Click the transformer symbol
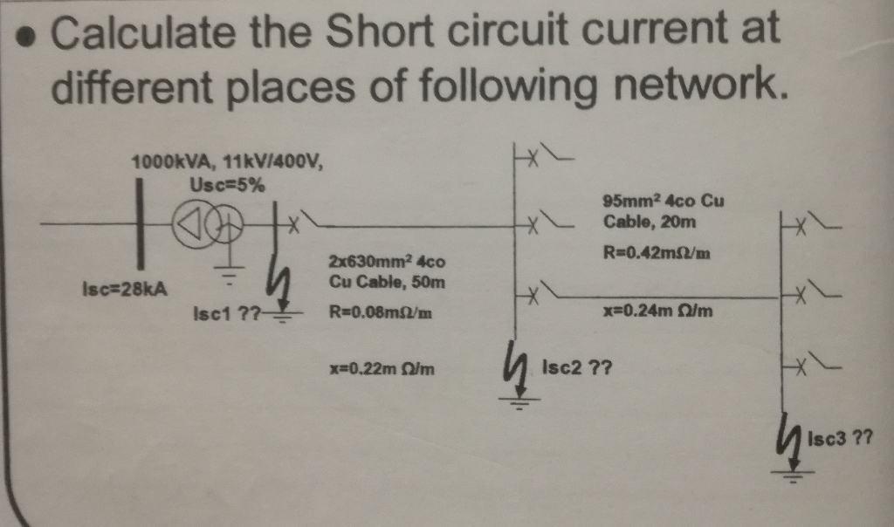tap(207, 226)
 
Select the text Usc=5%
tap(228, 184)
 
